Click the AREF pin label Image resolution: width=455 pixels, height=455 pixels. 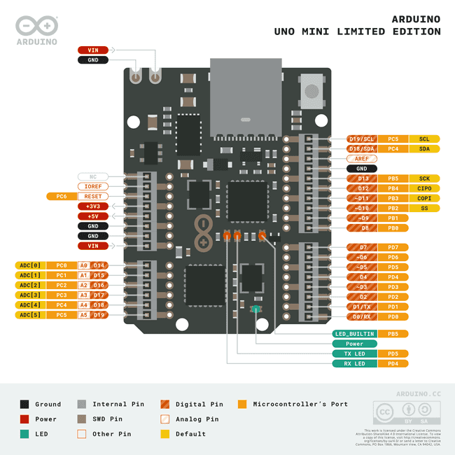click(x=362, y=159)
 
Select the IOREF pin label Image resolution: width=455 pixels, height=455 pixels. click(x=92, y=186)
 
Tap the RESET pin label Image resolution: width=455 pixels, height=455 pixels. click(x=92, y=197)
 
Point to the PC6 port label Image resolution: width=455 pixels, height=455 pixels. click(x=62, y=197)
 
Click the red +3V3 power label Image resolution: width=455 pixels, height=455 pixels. click(x=92, y=206)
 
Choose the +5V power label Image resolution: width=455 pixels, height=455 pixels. click(x=92, y=216)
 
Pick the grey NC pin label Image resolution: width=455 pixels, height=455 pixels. click(x=92, y=176)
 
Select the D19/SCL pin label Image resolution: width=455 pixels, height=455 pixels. click(x=362, y=139)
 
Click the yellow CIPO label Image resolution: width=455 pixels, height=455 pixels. click(x=424, y=188)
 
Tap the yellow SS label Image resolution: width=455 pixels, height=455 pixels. click(x=424, y=208)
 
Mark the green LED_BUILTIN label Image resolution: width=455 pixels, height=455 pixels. click(x=355, y=334)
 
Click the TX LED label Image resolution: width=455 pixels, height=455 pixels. click(x=355, y=353)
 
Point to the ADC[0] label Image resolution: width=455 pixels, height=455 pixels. click(x=30, y=265)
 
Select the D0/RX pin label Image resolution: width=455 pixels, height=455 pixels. click(x=362, y=316)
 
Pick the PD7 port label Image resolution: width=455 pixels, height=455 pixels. click(x=393, y=247)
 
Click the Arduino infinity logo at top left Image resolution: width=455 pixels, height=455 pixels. click(x=36, y=27)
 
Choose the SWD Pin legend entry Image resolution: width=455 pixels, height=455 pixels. click(x=106, y=419)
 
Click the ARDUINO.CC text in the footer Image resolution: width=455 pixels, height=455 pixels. click(x=418, y=395)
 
